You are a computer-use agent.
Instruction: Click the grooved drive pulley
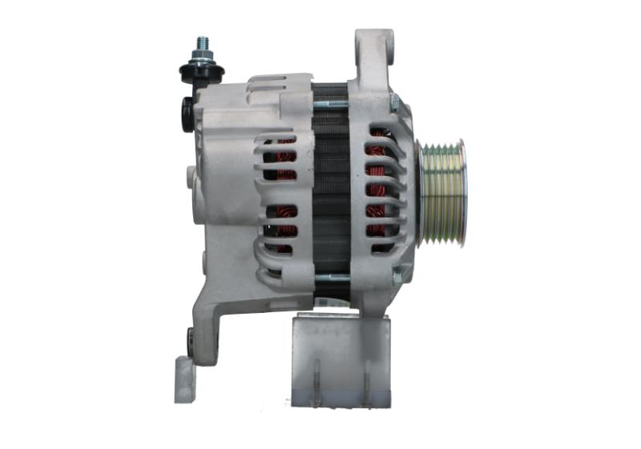point(443,192)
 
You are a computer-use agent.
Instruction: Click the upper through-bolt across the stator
point(329,104)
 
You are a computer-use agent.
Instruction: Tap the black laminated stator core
point(330,192)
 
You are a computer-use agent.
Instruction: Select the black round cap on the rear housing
point(187,114)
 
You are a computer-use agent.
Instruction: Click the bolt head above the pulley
point(394,102)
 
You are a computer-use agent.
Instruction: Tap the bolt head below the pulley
point(396,277)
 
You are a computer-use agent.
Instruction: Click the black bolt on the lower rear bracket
point(191,339)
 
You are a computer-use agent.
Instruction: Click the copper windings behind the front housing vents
point(376,192)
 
